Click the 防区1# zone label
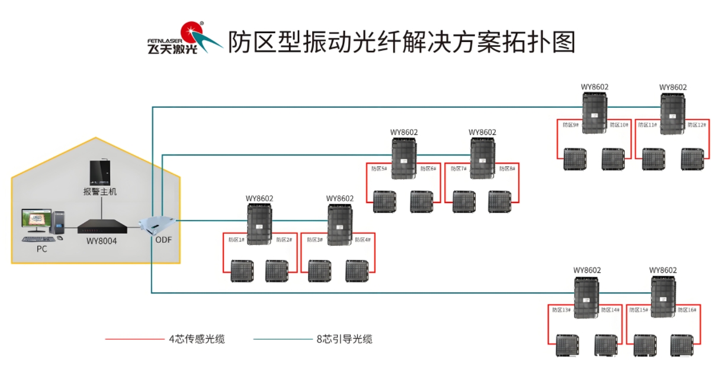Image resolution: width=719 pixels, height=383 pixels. (236, 240)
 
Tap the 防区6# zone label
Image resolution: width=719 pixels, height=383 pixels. (428, 169)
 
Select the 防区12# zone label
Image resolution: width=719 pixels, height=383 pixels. (697, 125)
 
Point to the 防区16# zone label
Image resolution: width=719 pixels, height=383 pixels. (687, 310)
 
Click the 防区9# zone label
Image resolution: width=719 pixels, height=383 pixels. (571, 125)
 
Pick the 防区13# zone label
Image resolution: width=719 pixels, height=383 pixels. (561, 310)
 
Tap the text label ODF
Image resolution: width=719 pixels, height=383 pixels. (163, 240)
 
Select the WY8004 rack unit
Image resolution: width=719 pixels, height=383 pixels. (102, 227)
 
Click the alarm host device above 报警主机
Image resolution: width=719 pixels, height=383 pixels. (100, 173)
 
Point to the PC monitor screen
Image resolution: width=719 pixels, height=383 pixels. (37, 219)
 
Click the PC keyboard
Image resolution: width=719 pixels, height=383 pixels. (39, 239)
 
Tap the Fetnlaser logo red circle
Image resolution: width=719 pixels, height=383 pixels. (192, 32)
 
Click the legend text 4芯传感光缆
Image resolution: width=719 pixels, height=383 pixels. (197, 339)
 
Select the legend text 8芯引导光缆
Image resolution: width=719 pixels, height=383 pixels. (345, 339)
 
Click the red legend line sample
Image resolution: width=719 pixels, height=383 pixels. (135, 339)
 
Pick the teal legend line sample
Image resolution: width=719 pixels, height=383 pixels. (283, 339)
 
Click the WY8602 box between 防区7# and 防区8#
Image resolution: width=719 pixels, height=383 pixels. (483, 158)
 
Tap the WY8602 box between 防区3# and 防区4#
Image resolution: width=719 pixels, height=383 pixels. (340, 225)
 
